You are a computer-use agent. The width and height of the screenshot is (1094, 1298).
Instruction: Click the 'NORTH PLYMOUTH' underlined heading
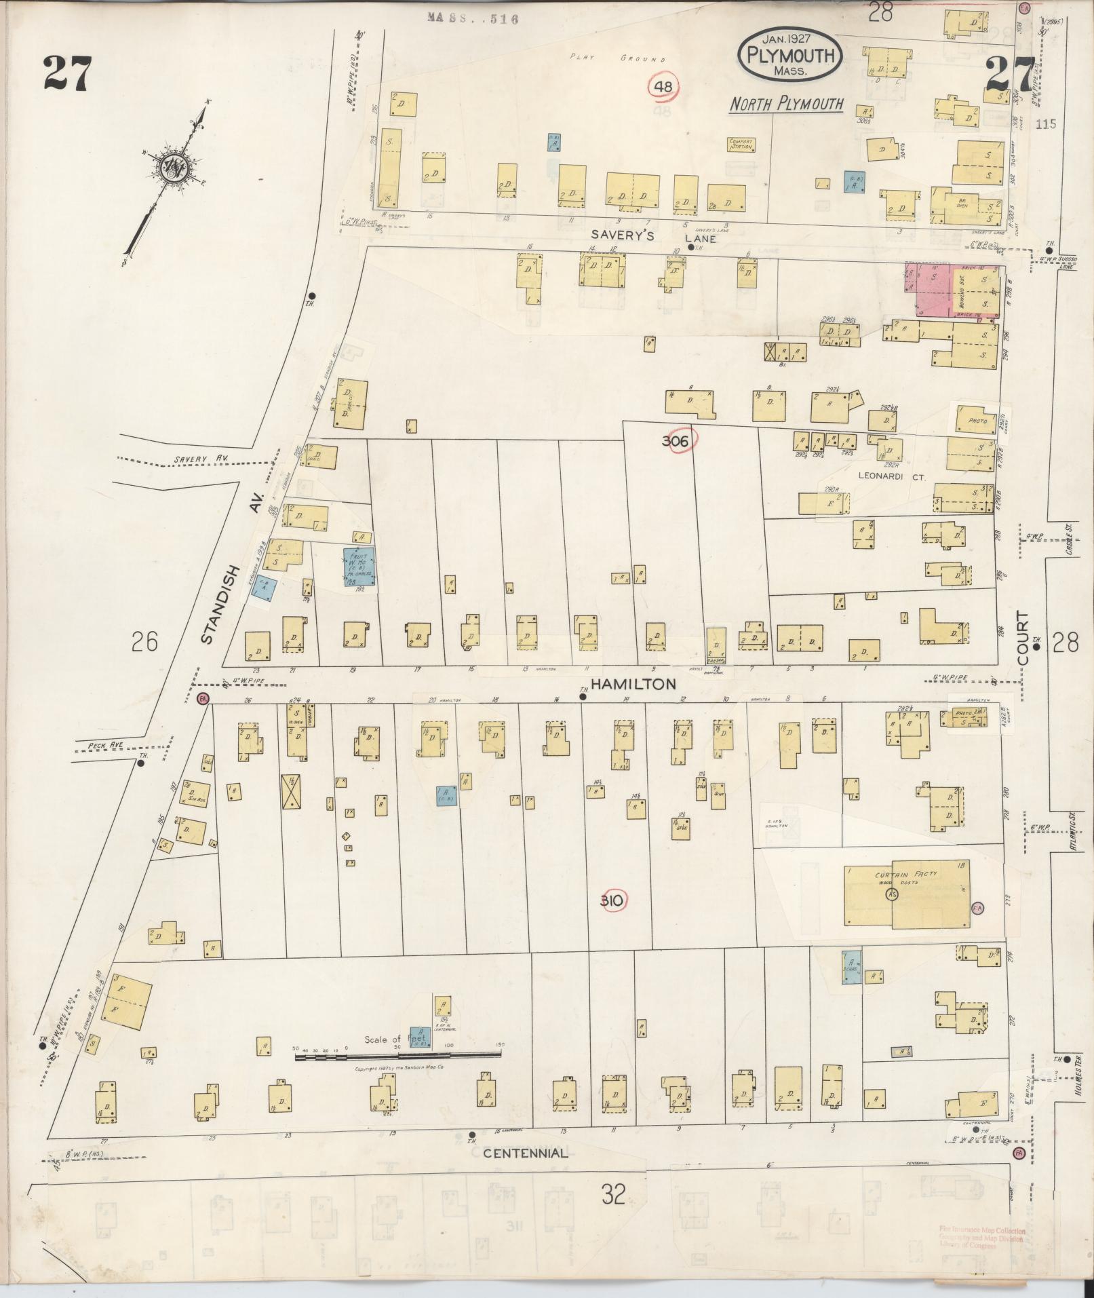(x=786, y=104)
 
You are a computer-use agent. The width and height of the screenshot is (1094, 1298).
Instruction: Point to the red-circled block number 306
(x=678, y=442)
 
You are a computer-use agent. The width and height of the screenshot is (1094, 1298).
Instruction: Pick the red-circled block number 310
(x=613, y=901)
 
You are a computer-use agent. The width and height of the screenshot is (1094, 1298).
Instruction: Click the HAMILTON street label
(x=632, y=684)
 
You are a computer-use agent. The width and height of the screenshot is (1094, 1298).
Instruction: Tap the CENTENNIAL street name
(x=526, y=1153)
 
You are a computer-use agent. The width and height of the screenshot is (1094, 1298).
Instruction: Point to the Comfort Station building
(x=742, y=145)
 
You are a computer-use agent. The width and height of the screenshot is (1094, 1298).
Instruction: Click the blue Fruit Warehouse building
(x=359, y=567)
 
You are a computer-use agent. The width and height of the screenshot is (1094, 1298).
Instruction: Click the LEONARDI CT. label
(x=882, y=478)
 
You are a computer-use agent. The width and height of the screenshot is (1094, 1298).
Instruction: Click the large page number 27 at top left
(x=67, y=74)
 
